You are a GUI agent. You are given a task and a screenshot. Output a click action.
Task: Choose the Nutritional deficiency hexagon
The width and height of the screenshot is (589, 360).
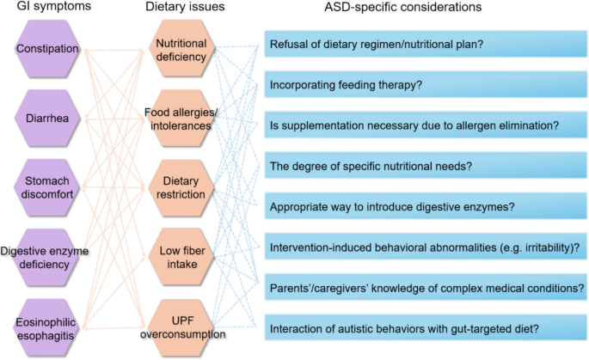(x=181, y=51)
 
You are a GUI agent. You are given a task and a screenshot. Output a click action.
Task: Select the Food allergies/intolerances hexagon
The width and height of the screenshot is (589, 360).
(x=181, y=119)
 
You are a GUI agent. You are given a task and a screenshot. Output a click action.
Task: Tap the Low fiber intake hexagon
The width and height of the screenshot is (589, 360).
(x=181, y=257)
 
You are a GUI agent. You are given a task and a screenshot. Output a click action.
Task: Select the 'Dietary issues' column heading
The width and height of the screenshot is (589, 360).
(x=180, y=8)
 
